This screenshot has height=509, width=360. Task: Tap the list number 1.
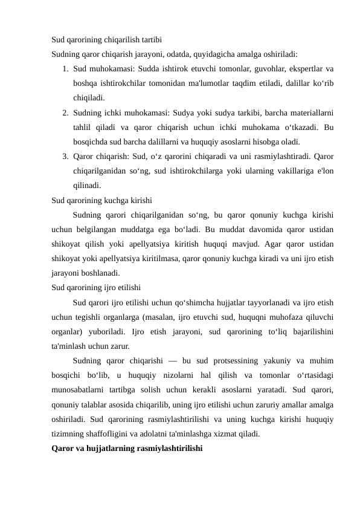point(65,68)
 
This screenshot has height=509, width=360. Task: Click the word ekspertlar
point(299,68)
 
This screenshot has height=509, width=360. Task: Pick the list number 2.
point(65,112)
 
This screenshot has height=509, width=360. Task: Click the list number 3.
point(65,156)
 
